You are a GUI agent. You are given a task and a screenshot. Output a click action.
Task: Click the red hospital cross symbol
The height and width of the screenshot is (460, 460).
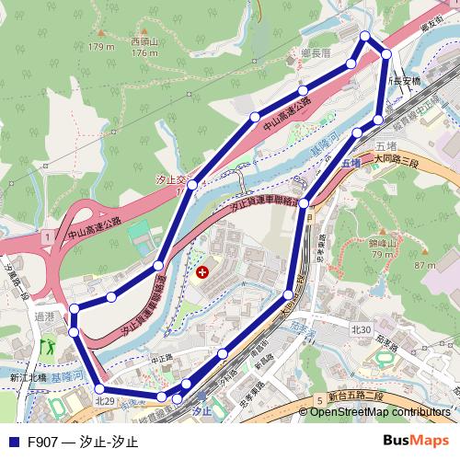pyautogui.click(x=203, y=272)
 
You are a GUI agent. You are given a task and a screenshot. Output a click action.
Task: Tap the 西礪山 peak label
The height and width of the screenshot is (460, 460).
pyautogui.click(x=144, y=41)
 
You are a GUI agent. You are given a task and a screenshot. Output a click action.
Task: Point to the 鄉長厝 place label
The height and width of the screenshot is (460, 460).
pyautogui.click(x=317, y=54)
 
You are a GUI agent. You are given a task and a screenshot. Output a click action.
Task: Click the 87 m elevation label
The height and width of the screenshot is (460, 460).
pyautogui.click(x=424, y=265)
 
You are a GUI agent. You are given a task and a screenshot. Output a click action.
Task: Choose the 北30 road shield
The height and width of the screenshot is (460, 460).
pyautogui.click(x=361, y=328)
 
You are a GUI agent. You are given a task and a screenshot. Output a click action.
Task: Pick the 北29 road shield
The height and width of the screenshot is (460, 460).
pyautogui.click(x=105, y=400)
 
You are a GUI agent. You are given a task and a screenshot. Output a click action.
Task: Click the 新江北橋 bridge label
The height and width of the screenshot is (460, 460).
pyautogui.click(x=28, y=377)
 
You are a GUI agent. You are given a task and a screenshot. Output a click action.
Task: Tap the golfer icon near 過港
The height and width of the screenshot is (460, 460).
pyautogui.click(x=48, y=349)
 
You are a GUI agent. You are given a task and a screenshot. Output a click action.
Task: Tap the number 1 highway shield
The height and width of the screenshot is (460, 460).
pyautogui.click(x=45, y=237)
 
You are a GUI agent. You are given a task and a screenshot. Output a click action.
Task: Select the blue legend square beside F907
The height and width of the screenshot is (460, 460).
pyautogui.click(x=13, y=442)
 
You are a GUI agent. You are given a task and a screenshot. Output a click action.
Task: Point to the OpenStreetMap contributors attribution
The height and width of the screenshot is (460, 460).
pyautogui.click(x=380, y=411)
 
